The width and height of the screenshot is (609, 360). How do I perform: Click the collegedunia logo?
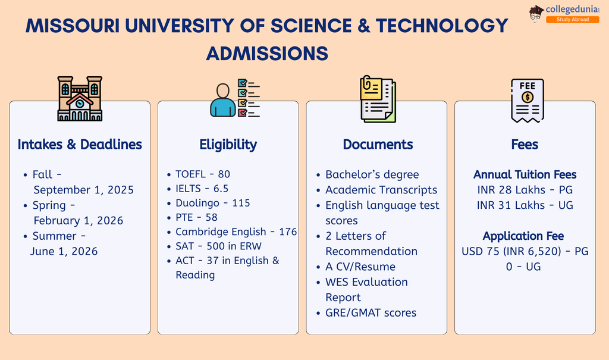564,14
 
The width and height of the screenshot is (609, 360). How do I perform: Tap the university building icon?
80,98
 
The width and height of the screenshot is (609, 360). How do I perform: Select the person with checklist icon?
235,98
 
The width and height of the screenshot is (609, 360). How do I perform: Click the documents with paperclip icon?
377,98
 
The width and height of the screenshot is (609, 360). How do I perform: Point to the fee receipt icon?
527,100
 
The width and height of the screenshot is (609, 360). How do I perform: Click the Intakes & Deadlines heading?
80,145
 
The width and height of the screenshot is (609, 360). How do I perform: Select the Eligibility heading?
228,145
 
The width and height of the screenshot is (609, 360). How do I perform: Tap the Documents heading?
378,145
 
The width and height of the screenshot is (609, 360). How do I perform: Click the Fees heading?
525,145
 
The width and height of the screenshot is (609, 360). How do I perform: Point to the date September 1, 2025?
83,190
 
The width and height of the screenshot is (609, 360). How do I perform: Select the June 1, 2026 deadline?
64,251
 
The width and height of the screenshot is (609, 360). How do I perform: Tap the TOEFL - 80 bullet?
202,174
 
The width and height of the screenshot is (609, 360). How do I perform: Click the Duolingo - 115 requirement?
212,203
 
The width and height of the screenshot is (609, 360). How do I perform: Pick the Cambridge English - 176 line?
236,231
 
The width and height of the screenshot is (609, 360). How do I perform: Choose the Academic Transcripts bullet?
381,190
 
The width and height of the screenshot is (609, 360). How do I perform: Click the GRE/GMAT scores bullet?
371,313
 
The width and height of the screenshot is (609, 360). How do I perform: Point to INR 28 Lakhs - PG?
525,190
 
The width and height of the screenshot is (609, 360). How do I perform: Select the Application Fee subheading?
523,236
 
